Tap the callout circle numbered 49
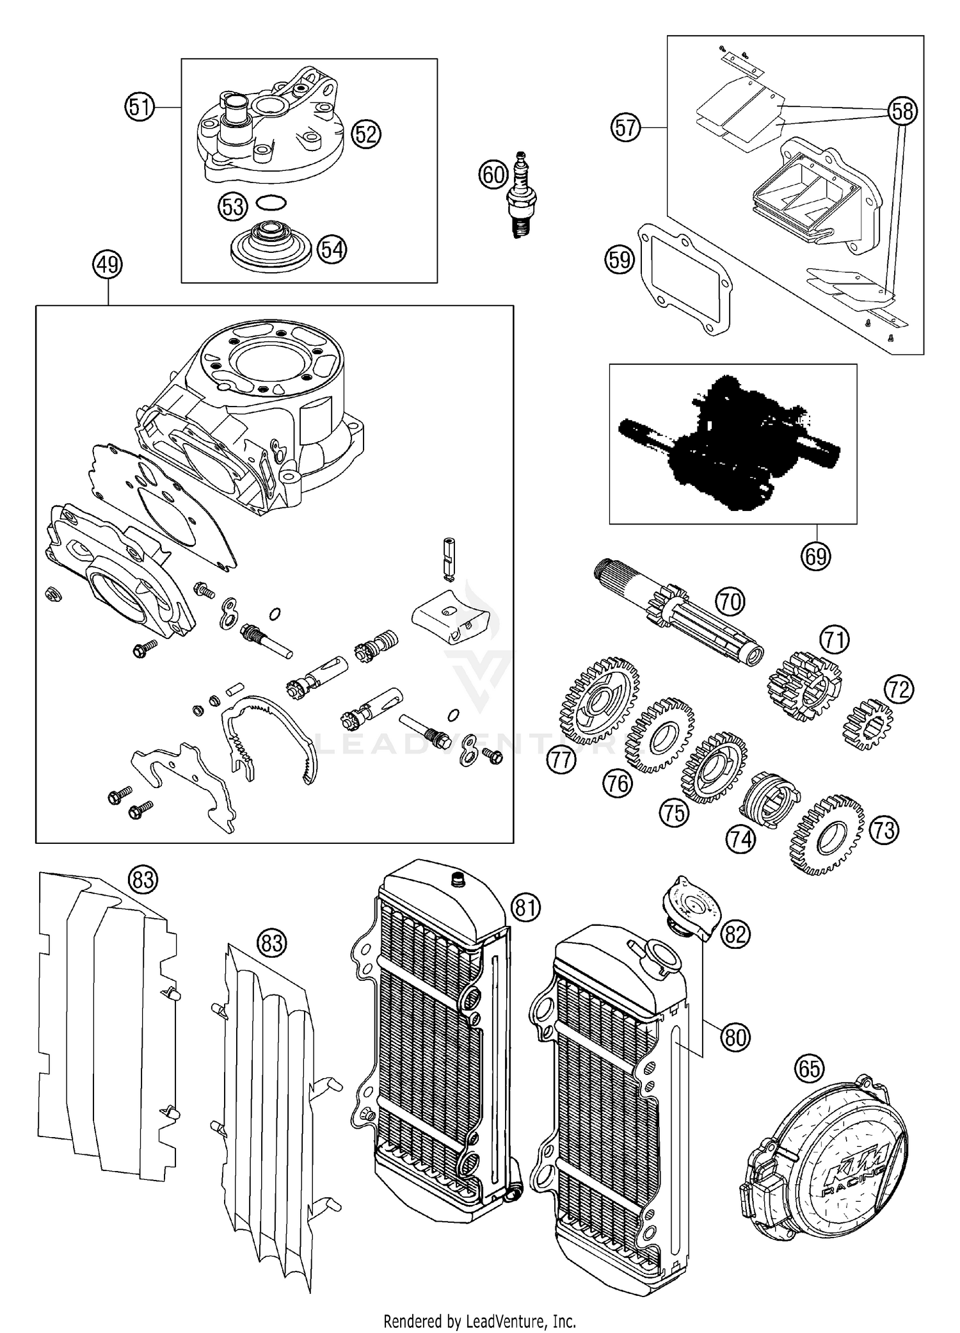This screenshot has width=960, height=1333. click(x=108, y=264)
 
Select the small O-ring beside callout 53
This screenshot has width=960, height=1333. click(x=271, y=204)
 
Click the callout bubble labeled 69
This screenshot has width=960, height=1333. click(x=816, y=556)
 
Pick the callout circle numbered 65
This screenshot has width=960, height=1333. click(x=809, y=1068)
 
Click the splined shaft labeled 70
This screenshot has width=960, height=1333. click(x=678, y=615)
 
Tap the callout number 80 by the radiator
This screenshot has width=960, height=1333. click(x=735, y=1036)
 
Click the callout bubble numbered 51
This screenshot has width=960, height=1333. click(x=140, y=107)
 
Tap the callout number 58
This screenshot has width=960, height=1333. click(x=902, y=111)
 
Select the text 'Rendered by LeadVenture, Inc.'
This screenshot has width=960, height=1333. click(x=479, y=1320)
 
